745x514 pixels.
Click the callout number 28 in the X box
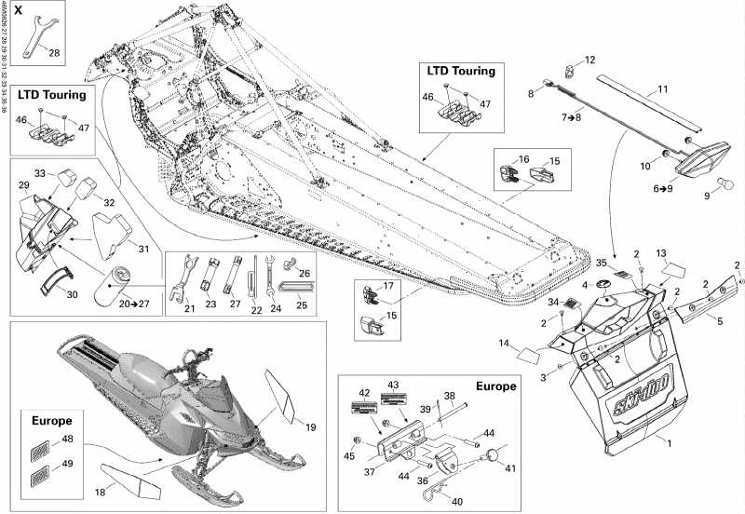54,53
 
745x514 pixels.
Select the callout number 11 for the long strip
663,89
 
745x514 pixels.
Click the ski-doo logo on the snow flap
642,403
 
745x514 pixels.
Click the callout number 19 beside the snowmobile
310,427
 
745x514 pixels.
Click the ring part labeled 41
493,457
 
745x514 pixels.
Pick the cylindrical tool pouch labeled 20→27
122,277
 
